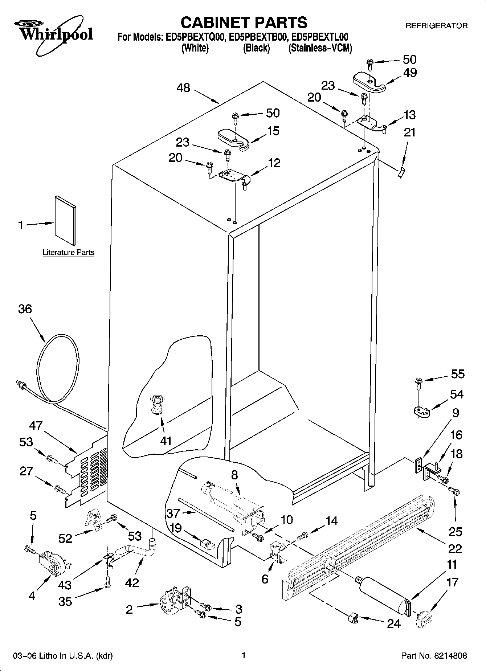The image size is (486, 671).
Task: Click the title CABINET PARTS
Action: (244, 22)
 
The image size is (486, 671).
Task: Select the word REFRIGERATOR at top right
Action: (436, 26)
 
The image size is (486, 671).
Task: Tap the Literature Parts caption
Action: (68, 252)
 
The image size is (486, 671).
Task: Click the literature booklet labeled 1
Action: (66, 220)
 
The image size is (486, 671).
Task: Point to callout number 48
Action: (184, 87)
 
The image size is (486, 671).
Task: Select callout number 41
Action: (166, 441)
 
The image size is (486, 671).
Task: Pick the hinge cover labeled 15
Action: (233, 138)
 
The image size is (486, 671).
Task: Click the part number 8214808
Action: (449, 656)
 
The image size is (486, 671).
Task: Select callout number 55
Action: (457, 374)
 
